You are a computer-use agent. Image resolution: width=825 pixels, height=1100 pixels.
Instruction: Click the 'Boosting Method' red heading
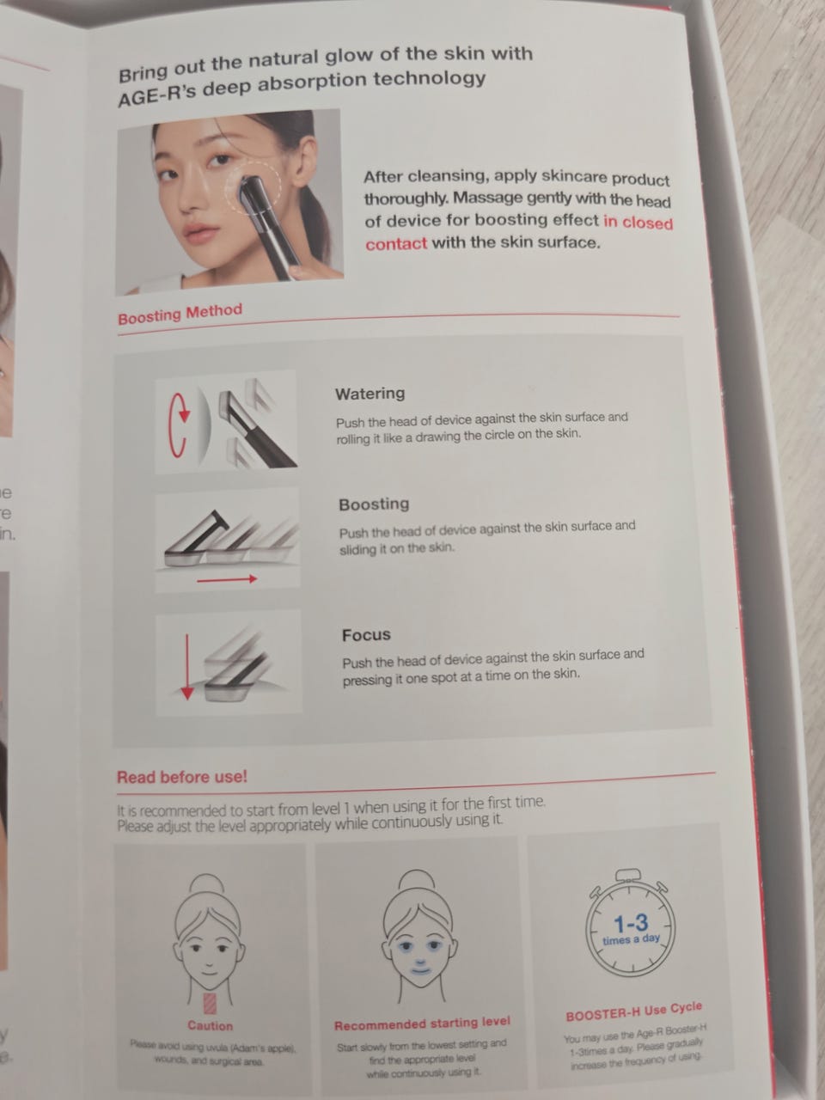coord(180,314)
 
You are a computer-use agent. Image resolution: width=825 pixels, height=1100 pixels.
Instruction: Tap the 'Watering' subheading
coord(370,394)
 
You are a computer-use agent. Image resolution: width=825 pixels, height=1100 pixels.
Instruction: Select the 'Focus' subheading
coord(366,635)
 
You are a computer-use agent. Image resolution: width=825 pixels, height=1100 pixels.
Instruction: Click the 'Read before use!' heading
coord(182,777)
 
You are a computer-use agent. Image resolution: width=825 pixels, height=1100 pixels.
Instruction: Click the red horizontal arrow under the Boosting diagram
coord(227,579)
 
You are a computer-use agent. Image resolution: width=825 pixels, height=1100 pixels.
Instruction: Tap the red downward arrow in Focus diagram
coord(187,667)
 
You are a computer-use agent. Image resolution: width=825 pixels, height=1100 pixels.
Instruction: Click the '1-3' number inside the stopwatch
coord(631,923)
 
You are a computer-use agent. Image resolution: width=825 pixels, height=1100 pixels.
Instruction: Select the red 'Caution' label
coord(210,1026)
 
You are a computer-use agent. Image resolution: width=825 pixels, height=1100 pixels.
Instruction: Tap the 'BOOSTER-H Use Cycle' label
coord(633,1012)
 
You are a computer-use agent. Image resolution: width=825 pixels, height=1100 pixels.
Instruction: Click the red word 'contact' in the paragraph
coord(395,244)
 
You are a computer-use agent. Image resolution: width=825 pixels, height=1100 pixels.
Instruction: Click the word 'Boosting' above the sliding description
coord(374,504)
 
